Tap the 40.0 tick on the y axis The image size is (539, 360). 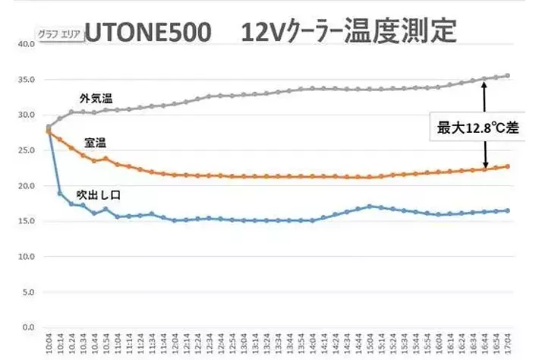pos(26,44)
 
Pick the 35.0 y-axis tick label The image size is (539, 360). pos(26,80)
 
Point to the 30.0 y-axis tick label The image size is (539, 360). pos(26,115)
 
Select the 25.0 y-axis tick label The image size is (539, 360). pos(26,150)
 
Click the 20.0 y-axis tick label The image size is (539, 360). pos(26,186)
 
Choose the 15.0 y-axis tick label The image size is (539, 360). pos(26,221)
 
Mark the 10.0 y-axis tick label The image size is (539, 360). pos(26,257)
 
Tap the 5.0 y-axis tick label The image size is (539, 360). pos(27,292)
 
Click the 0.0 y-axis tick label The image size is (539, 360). pos(27,327)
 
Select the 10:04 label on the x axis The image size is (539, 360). pos(49,346)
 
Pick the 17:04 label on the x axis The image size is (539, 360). pos(508,346)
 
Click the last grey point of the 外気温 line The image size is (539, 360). pos(507,76)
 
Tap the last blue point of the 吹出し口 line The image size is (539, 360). pos(507,210)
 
